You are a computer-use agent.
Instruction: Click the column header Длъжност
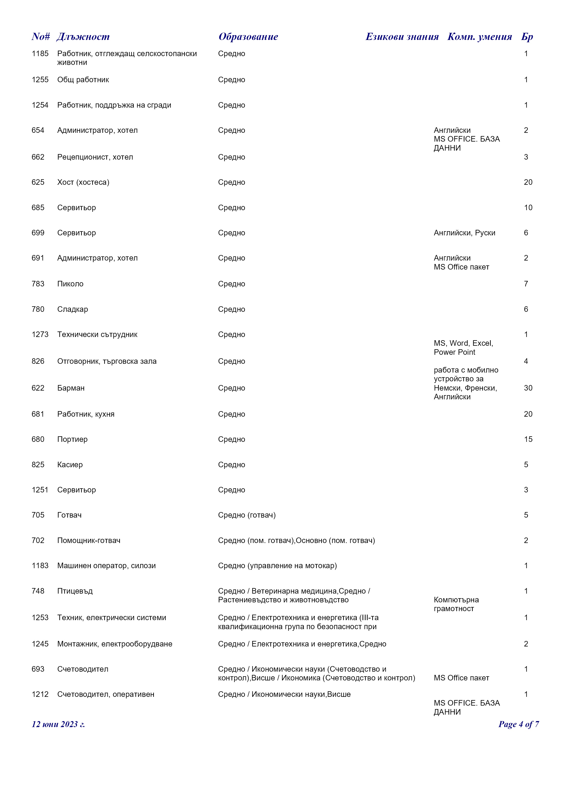83,37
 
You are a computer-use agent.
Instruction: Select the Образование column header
248,37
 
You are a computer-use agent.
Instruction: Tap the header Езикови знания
402,37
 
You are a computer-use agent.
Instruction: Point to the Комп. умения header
479,37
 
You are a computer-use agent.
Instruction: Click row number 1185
40,54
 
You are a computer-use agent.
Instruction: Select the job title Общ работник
83,80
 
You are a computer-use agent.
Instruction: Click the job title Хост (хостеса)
83,182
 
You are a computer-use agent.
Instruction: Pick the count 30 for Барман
528,388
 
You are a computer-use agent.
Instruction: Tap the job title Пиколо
70,284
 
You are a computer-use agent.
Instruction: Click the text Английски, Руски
464,233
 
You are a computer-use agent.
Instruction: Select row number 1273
40,334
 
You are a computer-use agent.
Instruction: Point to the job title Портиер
72,440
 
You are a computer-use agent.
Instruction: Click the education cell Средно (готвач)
247,515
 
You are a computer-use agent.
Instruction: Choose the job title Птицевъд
75,591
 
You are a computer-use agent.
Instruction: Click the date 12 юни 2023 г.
58,724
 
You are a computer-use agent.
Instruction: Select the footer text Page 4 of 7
518,724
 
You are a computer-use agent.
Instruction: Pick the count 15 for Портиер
528,440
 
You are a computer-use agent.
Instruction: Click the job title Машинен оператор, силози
106,566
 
